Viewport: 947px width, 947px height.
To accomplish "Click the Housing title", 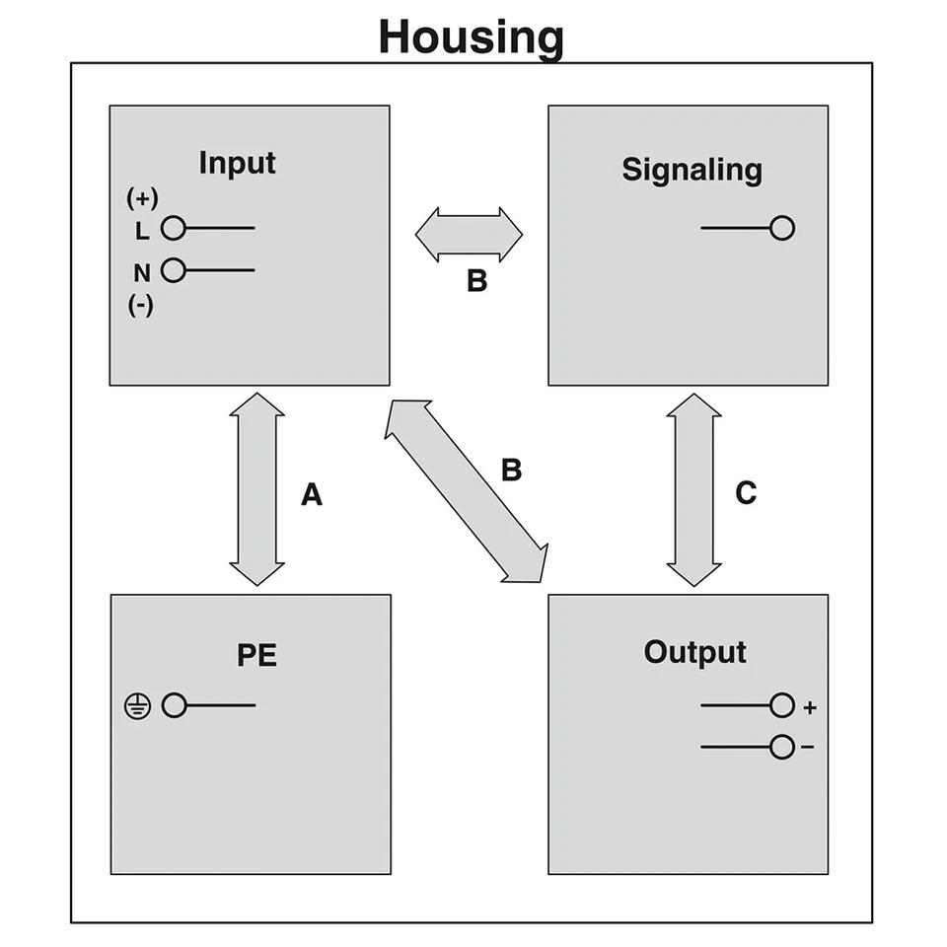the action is click(x=472, y=38).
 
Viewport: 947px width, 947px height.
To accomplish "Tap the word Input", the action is click(x=238, y=163).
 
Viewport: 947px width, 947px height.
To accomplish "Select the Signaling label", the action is click(x=692, y=170).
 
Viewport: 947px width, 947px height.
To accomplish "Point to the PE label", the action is click(x=256, y=655).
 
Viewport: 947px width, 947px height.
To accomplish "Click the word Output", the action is click(x=695, y=653).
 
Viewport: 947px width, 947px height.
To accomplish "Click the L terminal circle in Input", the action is click(x=174, y=228).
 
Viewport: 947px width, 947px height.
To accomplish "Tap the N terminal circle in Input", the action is click(x=174, y=270).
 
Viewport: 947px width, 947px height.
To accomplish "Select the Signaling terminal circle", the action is click(x=782, y=228).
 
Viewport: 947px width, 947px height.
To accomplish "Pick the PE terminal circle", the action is click(x=174, y=705).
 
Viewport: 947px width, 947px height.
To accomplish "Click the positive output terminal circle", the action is click(x=782, y=705).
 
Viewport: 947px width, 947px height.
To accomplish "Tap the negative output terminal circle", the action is click(x=782, y=747).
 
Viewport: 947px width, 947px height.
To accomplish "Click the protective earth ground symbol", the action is click(x=138, y=706).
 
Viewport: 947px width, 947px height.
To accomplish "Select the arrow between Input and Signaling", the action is click(x=469, y=235).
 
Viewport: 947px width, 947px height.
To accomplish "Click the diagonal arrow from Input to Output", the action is click(x=467, y=491).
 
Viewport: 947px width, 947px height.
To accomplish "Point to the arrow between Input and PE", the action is click(x=256, y=489).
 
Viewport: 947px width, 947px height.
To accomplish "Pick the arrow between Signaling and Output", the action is click(x=693, y=490).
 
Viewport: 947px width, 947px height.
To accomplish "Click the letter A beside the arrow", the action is click(x=312, y=494).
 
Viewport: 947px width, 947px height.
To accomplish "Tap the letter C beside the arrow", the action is click(x=746, y=493).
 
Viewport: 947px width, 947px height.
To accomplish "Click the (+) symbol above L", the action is click(x=142, y=198).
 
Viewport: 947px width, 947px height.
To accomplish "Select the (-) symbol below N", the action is click(x=141, y=305).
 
